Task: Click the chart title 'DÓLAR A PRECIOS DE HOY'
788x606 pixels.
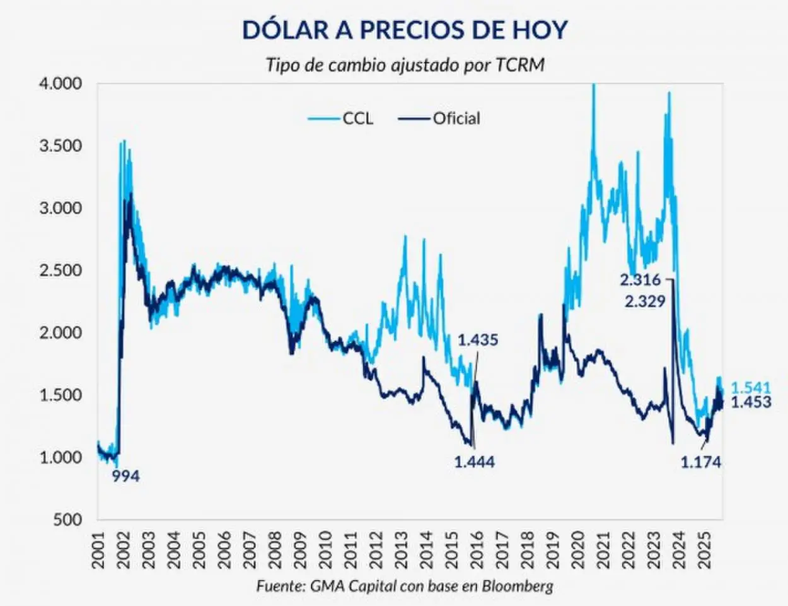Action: click(x=405, y=30)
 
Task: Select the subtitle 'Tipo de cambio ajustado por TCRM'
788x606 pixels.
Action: click(x=405, y=65)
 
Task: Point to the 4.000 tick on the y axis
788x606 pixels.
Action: click(x=61, y=83)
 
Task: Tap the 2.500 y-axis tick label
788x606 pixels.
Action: click(x=61, y=271)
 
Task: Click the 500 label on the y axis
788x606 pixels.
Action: click(x=68, y=520)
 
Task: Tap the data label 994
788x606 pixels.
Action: click(x=125, y=477)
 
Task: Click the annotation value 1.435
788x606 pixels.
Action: click(x=477, y=340)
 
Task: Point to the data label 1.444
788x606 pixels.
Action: click(x=474, y=462)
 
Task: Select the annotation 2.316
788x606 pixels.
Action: click(x=640, y=280)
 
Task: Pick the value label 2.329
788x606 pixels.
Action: click(x=645, y=301)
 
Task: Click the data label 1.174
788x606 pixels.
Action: click(x=700, y=462)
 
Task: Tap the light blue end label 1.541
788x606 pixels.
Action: click(x=751, y=388)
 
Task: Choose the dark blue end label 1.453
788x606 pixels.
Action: click(x=751, y=402)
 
